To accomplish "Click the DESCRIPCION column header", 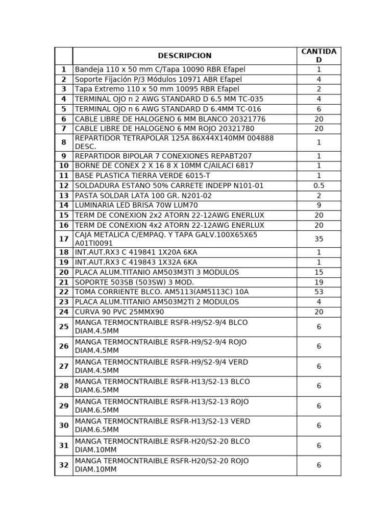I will tap(184, 56).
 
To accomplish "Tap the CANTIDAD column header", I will tap(318, 56).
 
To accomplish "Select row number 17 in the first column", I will tap(64, 239).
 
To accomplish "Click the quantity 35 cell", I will tap(318, 239).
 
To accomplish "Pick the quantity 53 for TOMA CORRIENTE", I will tap(318, 292).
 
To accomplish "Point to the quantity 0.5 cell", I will tap(318, 185).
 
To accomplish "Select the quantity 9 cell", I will tap(318, 205).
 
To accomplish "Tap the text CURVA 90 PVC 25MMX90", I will tap(119, 312).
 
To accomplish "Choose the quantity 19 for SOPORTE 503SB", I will tap(318, 282).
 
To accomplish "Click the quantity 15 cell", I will tap(318, 272).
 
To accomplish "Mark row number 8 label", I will tap(64, 142).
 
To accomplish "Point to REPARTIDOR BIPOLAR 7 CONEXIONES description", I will tap(163, 156).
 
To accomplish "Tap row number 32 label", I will tap(64, 465).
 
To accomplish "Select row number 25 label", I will tap(64, 326).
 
